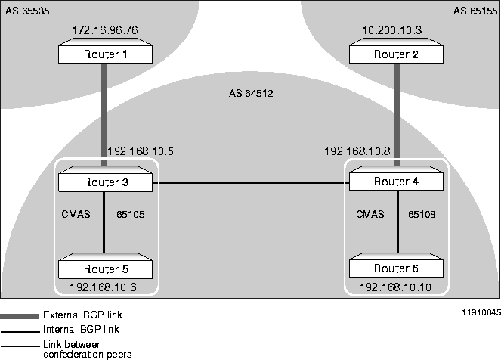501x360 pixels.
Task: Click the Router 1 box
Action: point(105,54)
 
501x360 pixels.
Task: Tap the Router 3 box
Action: point(105,182)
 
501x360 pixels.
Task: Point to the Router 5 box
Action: point(105,268)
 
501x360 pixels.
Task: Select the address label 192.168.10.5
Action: point(141,151)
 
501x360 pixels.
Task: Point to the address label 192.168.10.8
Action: point(357,151)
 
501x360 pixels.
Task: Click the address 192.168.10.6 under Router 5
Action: point(103,287)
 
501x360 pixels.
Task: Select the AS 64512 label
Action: point(250,95)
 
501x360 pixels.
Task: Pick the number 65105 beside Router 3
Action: point(130,215)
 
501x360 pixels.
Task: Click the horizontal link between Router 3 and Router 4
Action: point(249,183)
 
